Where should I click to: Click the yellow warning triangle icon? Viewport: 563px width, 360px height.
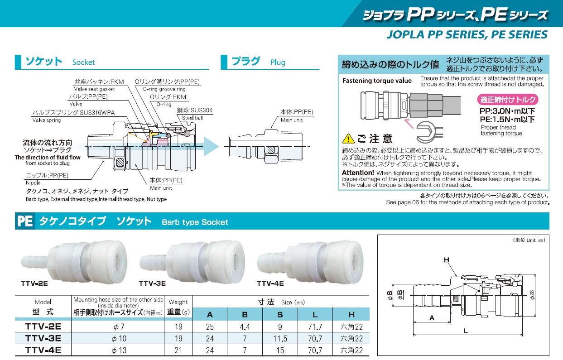[x=348, y=139]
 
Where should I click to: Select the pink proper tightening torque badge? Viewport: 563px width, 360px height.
[x=508, y=100]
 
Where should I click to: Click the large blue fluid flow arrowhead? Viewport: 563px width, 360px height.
[x=211, y=146]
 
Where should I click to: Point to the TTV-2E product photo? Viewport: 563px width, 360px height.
[x=74, y=263]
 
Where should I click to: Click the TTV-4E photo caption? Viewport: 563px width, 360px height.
[x=270, y=283]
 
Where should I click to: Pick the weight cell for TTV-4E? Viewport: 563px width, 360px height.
[x=178, y=350]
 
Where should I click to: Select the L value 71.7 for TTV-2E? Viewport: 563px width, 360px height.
[x=315, y=326]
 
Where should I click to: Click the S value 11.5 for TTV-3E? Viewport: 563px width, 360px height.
[x=280, y=338]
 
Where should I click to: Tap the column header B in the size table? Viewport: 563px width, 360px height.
[x=245, y=315]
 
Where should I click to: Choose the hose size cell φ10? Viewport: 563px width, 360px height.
[x=119, y=338]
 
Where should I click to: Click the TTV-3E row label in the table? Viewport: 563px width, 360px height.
[x=43, y=338]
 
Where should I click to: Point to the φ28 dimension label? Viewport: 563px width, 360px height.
[x=532, y=295]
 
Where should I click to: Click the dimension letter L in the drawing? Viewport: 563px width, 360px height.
[x=466, y=331]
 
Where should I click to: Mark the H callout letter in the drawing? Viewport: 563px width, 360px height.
[x=447, y=259]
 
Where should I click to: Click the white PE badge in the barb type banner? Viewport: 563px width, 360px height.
[x=25, y=221]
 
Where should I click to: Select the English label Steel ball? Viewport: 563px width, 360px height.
[x=192, y=118]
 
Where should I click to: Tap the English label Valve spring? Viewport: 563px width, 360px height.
[x=47, y=120]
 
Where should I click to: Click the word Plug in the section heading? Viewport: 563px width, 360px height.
[x=278, y=62]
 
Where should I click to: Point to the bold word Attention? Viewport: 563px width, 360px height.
[x=358, y=173]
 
